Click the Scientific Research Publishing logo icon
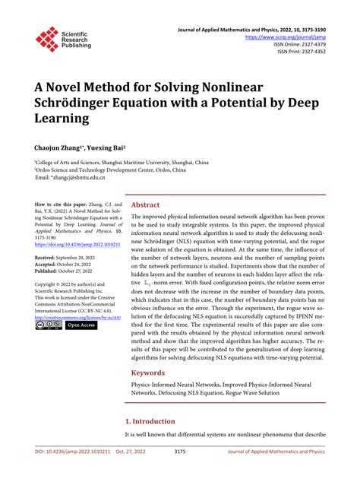[46, 39]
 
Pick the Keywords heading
[149, 373]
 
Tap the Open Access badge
[81, 325]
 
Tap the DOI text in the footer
[60, 471]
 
